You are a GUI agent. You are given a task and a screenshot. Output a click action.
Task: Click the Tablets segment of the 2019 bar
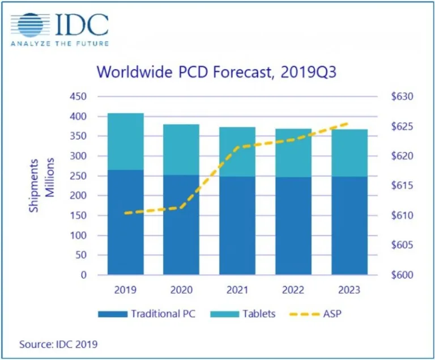pos(126,141)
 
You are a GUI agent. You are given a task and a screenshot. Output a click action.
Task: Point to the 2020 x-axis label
pos(182,289)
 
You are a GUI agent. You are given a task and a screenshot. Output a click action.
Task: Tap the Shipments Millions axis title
pos(41,185)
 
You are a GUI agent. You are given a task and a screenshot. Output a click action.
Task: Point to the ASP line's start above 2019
pos(126,213)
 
